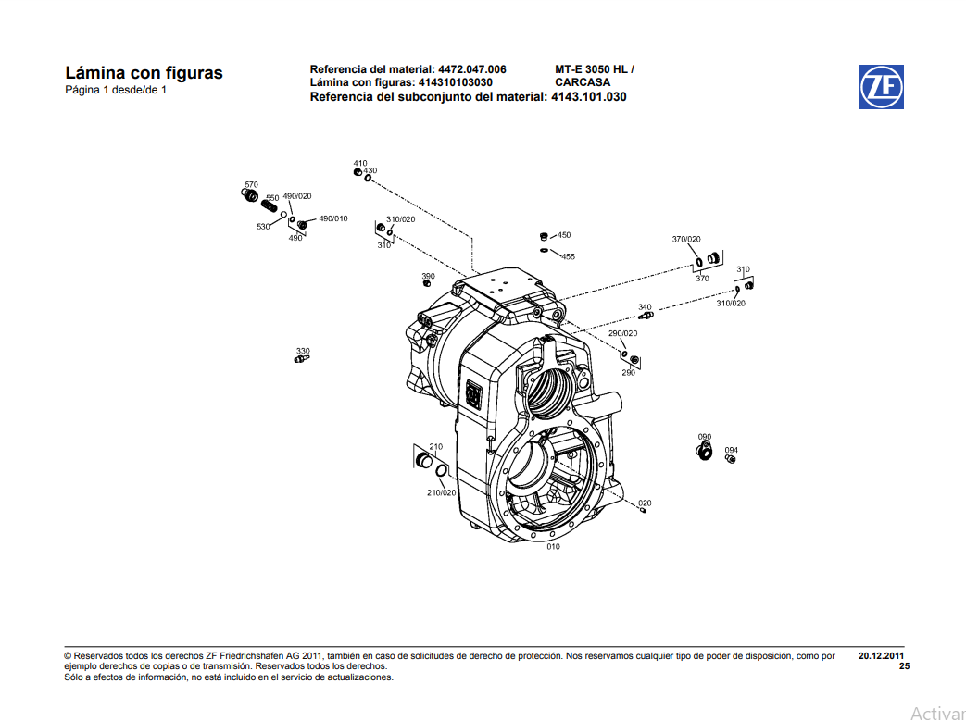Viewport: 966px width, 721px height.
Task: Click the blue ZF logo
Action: coord(881,86)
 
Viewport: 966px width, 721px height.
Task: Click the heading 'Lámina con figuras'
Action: coord(144,73)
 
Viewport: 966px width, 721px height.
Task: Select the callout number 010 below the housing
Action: coord(553,547)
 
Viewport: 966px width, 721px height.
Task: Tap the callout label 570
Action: coord(251,184)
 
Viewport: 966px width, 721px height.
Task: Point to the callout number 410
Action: coord(360,163)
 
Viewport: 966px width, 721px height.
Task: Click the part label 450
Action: coord(564,235)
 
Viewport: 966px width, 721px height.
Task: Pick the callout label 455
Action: coord(568,256)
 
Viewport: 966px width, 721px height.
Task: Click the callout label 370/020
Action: coord(686,239)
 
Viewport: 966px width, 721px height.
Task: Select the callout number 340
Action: coord(645,306)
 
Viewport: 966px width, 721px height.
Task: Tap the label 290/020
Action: coord(622,333)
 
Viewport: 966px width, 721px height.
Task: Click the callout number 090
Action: coord(705,436)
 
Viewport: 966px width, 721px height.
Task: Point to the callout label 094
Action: coord(731,450)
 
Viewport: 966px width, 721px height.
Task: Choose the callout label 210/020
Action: coord(442,492)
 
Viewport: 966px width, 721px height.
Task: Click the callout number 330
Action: coord(303,351)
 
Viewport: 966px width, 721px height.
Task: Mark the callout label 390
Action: coord(428,276)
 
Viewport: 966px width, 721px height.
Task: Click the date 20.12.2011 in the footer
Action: coord(882,655)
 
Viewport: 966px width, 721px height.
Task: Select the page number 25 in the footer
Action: coord(904,666)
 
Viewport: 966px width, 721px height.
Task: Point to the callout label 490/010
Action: coord(333,218)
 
